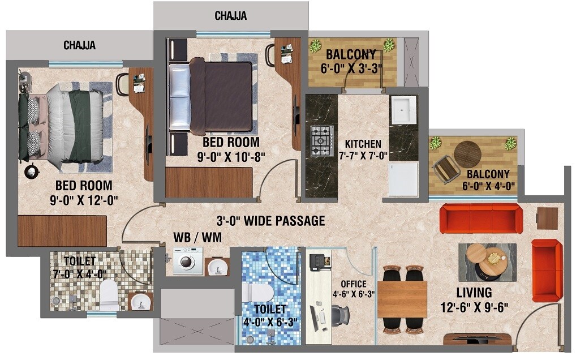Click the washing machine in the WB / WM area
[188, 261]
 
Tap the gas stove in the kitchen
[321, 140]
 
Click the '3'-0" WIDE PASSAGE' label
[270, 221]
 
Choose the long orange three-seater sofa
[479, 218]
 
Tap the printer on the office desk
[318, 262]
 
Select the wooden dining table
[402, 299]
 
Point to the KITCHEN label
[363, 144]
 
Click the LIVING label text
[475, 293]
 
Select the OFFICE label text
[353, 284]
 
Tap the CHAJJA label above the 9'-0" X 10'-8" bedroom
[230, 16]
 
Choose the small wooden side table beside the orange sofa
[547, 218]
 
